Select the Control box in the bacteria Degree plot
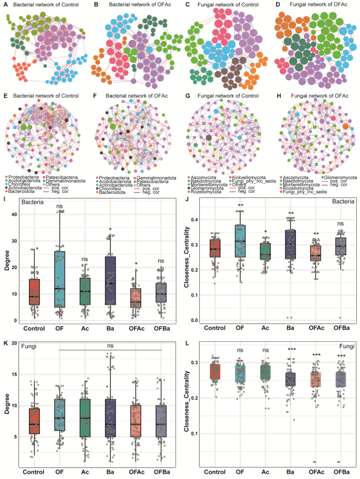[x=34, y=295]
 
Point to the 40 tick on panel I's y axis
[x=15, y=214]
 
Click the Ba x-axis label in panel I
[x=110, y=329]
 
